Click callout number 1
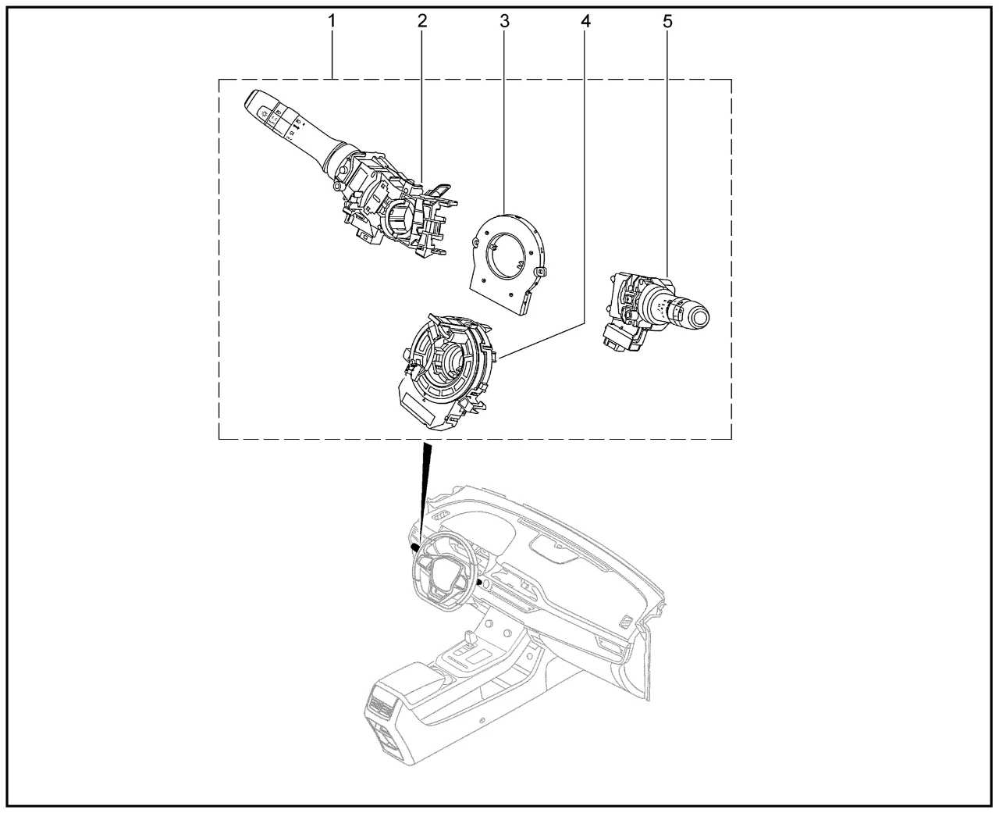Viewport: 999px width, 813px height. click(332, 21)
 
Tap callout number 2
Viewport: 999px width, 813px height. click(422, 21)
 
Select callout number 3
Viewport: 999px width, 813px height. click(504, 21)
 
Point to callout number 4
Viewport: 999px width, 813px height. click(585, 21)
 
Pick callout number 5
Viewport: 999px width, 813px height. click(667, 21)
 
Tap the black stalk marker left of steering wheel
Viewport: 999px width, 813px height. click(415, 547)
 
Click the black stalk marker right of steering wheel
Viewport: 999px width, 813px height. click(480, 583)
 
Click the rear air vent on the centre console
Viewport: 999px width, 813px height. click(382, 706)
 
